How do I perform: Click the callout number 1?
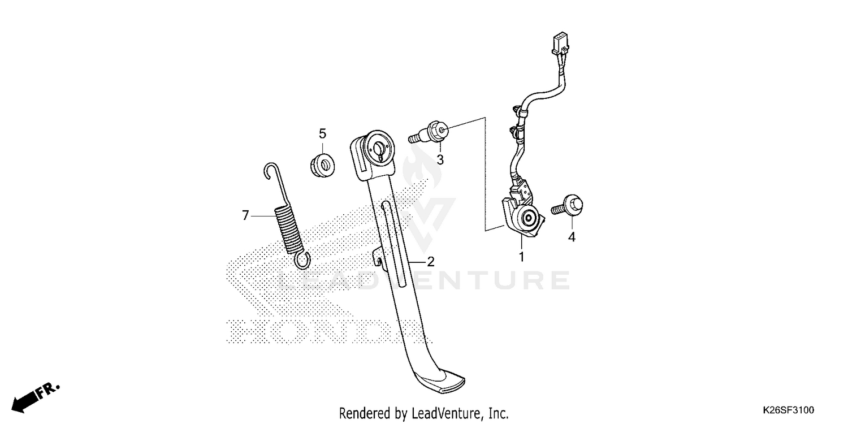tap(521, 257)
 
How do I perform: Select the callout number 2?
tap(430, 262)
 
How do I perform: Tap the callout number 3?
tap(440, 160)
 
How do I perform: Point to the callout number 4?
tap(572, 237)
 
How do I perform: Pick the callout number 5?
tap(322, 134)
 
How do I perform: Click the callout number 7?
tap(245, 215)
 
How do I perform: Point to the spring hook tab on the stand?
tap(377, 257)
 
